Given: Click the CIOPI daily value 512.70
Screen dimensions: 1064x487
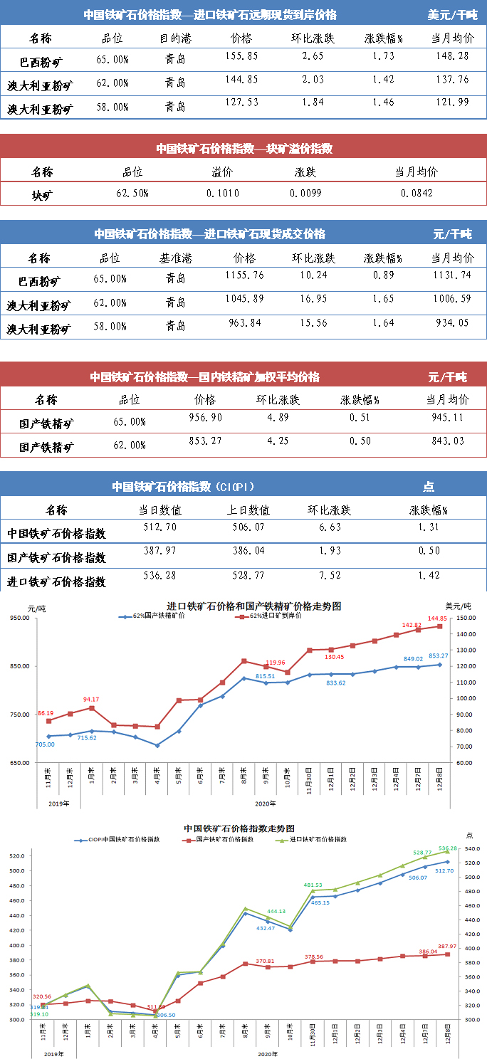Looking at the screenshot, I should [x=160, y=527].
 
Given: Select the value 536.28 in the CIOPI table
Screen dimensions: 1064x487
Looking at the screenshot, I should [x=160, y=575].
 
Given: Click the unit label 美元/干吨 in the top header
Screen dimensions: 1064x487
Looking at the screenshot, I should [x=452, y=14].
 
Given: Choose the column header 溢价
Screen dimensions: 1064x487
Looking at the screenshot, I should [x=222, y=172].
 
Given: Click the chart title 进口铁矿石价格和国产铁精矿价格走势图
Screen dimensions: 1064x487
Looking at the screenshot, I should [x=254, y=606].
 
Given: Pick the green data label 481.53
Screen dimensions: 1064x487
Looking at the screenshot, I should [x=314, y=885].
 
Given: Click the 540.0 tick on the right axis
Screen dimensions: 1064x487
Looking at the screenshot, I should [x=473, y=849].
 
